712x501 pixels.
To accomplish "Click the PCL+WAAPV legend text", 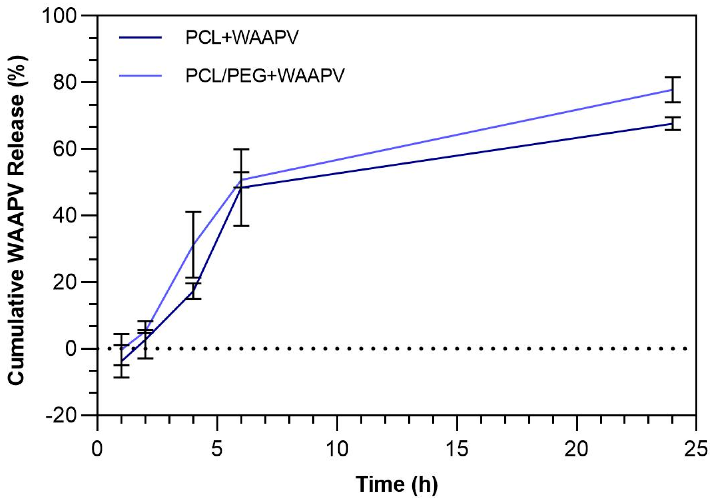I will coord(242,37).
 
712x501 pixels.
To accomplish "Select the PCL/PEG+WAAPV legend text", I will coord(265,76).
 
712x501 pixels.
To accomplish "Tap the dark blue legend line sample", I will coord(140,37).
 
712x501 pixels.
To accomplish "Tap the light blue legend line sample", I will coord(140,76).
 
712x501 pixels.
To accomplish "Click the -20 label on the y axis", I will coord(61,415).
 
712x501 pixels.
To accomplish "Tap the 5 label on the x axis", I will coord(217,449).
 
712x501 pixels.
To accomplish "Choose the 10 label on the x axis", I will coord(337,449).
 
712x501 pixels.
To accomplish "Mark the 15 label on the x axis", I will coord(457,449).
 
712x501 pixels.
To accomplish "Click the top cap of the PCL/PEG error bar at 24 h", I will coord(672,77).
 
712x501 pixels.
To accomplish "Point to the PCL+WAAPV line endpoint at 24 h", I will coord(672,123).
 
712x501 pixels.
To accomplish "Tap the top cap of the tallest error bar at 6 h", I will coord(241,149).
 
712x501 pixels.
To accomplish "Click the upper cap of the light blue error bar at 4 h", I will coord(193,212).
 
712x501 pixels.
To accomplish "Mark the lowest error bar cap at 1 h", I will coord(121,377).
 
